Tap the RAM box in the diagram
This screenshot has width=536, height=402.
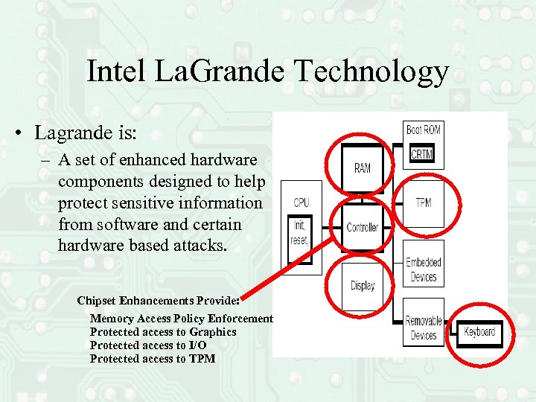363,168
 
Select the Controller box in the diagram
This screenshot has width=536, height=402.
363,227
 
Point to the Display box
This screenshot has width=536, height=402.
363,286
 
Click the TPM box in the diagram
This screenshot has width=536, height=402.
423,202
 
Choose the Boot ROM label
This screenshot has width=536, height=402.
423,130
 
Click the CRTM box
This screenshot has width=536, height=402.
422,154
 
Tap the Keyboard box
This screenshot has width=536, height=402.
479,332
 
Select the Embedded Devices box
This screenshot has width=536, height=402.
423,269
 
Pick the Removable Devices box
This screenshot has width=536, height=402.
423,328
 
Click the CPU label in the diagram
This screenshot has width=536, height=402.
301,202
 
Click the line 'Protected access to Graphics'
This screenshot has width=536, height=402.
163,332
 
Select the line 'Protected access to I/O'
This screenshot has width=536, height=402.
148,345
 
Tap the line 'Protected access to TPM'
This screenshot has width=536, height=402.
153,359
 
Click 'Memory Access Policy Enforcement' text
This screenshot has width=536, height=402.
182,319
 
